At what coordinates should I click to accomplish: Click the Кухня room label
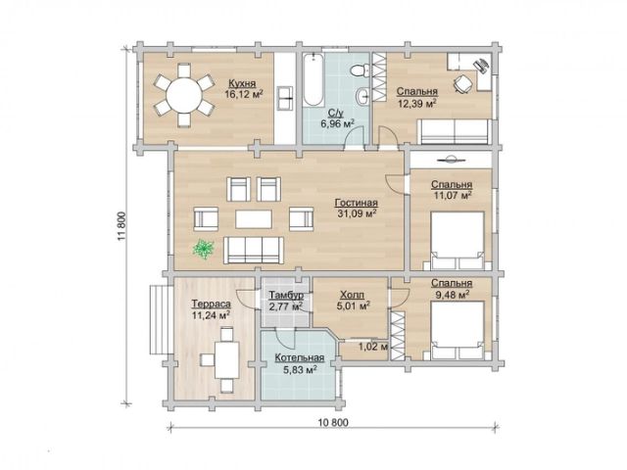[242, 84]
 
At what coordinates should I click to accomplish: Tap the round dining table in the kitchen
[184, 96]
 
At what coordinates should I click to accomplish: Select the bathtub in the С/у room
[313, 80]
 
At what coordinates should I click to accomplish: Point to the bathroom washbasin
[362, 96]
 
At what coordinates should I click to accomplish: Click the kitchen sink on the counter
[285, 98]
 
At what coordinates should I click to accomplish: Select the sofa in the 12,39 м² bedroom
[455, 131]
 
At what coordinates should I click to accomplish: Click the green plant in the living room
[204, 249]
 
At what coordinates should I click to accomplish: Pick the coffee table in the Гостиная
[254, 219]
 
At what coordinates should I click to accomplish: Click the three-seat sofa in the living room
[254, 251]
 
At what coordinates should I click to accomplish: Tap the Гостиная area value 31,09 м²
[357, 213]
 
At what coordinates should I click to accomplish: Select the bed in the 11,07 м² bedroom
[458, 240]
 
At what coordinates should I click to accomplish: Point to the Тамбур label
[286, 296]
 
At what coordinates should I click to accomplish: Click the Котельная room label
[300, 357]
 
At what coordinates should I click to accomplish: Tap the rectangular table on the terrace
[226, 359]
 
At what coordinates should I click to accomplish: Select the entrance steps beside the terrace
[161, 319]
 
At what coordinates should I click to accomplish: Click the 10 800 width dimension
[334, 422]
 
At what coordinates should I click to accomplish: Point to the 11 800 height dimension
[121, 226]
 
